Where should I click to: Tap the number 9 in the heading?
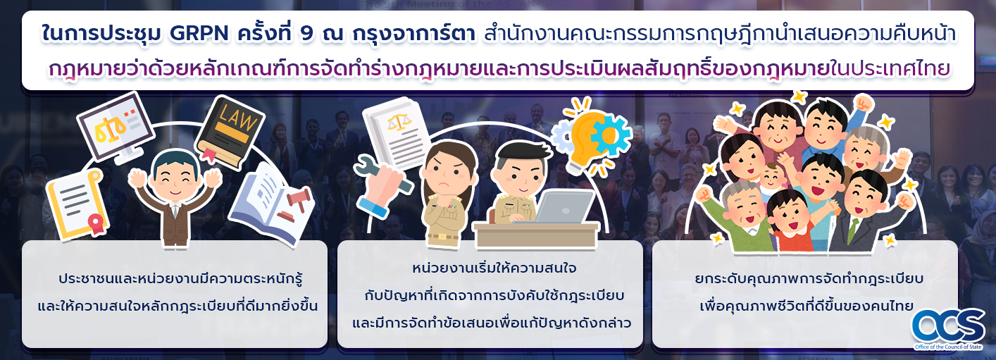click(307, 35)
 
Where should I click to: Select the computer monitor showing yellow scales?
click(116, 128)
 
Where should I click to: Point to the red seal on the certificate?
click(97, 223)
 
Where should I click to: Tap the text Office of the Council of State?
click(948, 347)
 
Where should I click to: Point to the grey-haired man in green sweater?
click(740, 213)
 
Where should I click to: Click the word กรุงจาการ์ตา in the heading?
click(413, 35)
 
